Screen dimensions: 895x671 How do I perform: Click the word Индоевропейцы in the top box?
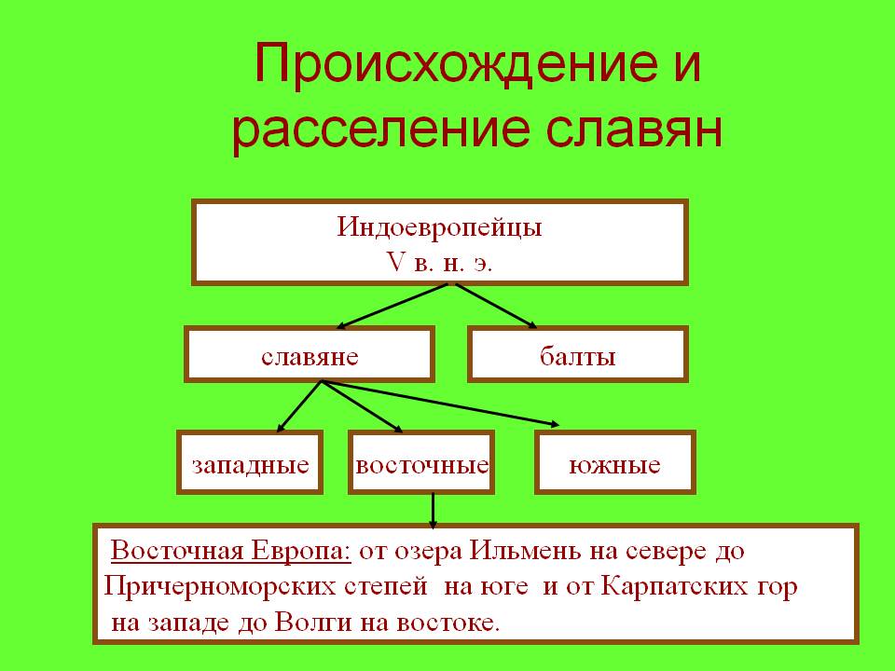(439, 227)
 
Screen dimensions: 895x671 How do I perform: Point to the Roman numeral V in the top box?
(395, 262)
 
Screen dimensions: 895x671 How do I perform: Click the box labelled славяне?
(310, 354)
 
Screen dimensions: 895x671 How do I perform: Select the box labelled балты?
(578, 354)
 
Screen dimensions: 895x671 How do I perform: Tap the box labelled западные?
(250, 462)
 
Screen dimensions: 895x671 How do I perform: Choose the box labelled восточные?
(421, 462)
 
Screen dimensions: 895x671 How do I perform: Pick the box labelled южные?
(615, 462)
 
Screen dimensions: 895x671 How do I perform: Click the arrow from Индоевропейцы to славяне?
(392, 307)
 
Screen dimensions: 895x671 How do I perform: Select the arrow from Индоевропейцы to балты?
(496, 307)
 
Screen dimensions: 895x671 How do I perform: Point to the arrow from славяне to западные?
(299, 406)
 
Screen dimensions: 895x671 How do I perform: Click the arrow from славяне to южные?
(441, 403)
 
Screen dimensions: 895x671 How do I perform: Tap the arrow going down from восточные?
(433, 510)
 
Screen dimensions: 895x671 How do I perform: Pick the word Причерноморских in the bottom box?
(220, 587)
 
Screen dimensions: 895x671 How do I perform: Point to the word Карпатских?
(674, 587)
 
